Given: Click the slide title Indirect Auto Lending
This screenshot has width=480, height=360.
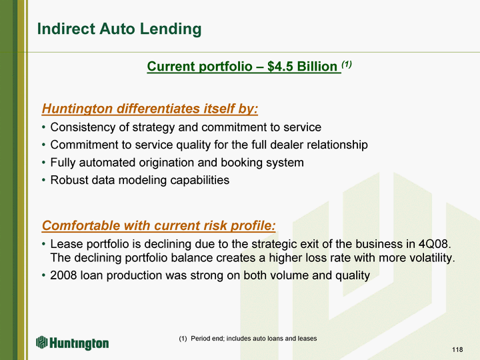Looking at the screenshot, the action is point(119,29).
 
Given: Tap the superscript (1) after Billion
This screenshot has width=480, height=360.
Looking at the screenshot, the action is point(347,64).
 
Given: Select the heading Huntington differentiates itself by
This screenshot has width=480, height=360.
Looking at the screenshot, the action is point(150,109).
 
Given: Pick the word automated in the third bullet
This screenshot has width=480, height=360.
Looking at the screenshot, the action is point(107,163).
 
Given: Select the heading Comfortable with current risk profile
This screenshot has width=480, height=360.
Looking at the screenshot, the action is point(159,225).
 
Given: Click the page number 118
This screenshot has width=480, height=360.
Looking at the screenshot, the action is point(457,349).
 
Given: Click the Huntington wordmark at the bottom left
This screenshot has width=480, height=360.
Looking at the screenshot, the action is point(79,343).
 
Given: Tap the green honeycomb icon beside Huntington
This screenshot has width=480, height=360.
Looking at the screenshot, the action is point(41,342).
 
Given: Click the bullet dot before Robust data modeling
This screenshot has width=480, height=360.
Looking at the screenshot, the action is point(44,180).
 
